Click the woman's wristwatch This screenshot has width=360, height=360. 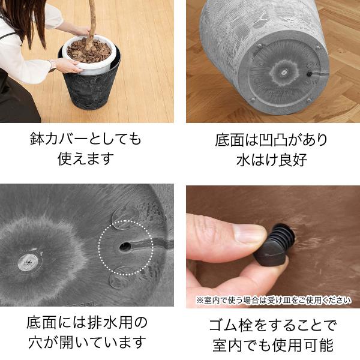pyautogui.click(x=52, y=66)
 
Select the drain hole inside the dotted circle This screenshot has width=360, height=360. pyautogui.click(x=125, y=247)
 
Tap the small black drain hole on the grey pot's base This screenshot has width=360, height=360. pyautogui.click(x=309, y=74)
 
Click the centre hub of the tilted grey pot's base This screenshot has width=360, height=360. pyautogui.click(x=284, y=73)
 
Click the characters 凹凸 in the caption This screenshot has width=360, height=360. pyautogui.click(x=274, y=140)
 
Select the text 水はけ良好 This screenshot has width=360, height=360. pyautogui.click(x=272, y=160)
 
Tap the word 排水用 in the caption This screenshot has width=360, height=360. pyautogui.click(x=110, y=323)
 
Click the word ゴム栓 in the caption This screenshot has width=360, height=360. pyautogui.click(x=231, y=325)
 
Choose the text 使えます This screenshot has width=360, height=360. pyautogui.click(x=86, y=158)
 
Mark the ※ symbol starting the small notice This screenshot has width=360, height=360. pyautogui.click(x=200, y=301)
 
